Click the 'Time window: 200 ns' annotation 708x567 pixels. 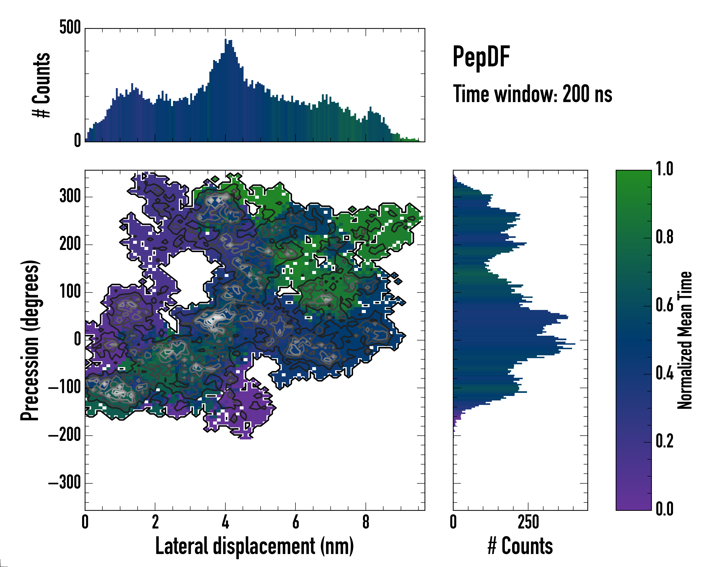pos(532,94)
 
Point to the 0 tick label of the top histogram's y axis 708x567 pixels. pos(77,141)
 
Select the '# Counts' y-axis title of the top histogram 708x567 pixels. pos(41,85)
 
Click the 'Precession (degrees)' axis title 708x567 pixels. pos(30,340)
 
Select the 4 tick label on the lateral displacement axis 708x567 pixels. pos(225,522)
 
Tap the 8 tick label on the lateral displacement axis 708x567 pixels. pos(366,522)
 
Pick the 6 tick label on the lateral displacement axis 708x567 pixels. pos(295,522)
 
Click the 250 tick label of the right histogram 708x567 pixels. pos(528,522)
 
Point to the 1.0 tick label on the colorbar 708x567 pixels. pos(664,169)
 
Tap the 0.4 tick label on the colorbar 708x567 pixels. pos(664,374)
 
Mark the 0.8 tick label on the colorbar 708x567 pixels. pos(664,237)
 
